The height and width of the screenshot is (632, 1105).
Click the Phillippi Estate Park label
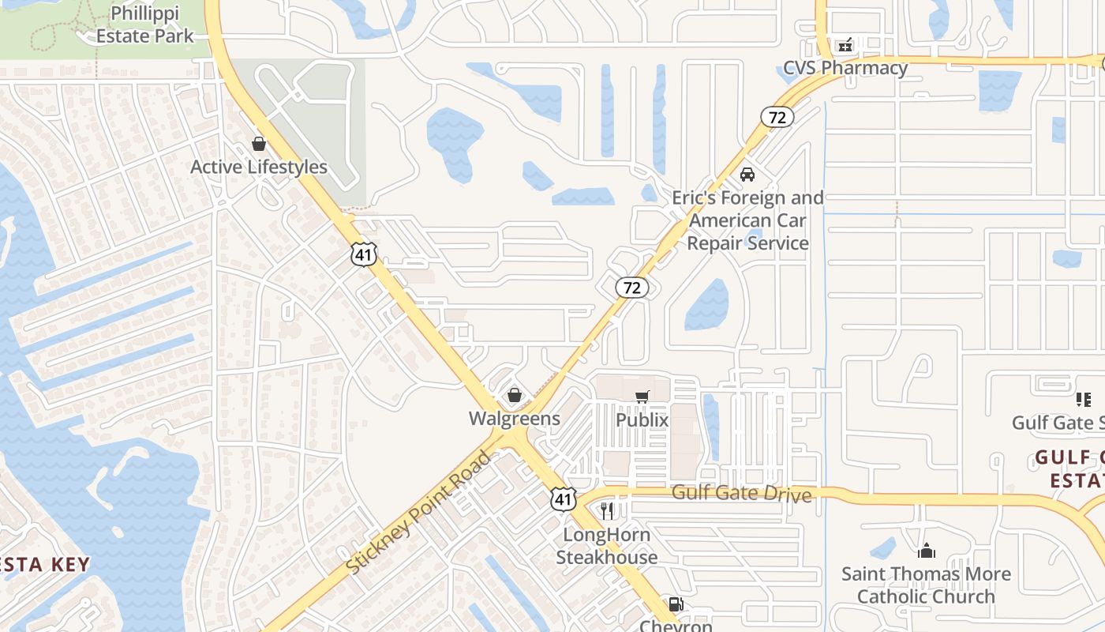click(x=144, y=25)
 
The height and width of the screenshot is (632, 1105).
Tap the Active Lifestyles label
click(x=259, y=167)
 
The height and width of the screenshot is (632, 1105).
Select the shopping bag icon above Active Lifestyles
click(x=258, y=144)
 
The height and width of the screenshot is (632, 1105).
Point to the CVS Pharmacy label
click(x=845, y=68)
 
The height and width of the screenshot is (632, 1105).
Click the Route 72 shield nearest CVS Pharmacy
click(x=777, y=118)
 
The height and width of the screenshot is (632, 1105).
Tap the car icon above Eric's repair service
click(x=747, y=174)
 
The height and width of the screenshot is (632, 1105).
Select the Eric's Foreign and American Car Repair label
click(x=747, y=220)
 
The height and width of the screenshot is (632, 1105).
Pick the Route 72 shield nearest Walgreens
click(x=632, y=288)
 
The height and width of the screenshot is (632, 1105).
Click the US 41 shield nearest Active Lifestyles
click(x=364, y=254)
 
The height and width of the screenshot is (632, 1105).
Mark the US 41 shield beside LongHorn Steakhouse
click(x=562, y=498)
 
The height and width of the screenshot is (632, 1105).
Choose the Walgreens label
click(x=515, y=419)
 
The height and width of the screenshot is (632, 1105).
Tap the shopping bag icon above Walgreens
click(x=515, y=394)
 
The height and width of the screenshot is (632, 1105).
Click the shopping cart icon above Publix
click(x=642, y=397)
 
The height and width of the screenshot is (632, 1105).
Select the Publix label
click(x=642, y=420)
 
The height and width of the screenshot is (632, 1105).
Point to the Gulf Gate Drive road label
click(x=741, y=494)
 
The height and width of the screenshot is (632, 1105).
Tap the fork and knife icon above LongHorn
click(x=606, y=511)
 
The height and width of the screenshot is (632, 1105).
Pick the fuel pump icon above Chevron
click(x=676, y=605)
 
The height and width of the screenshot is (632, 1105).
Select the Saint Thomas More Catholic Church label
click(x=926, y=585)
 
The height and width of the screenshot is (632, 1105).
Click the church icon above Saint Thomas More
click(x=927, y=551)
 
